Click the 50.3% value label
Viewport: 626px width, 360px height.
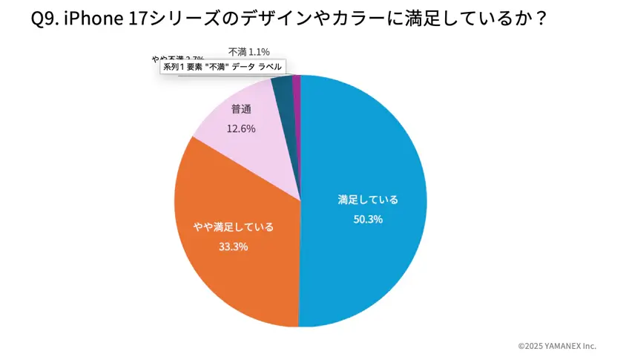[x=368, y=219]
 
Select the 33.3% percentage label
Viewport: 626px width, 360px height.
[x=233, y=246]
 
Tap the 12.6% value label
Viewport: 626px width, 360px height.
[x=241, y=128]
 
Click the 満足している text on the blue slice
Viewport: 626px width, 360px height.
[x=368, y=200]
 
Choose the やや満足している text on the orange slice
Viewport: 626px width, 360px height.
[x=233, y=227]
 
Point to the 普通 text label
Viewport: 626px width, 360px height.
[x=241, y=109]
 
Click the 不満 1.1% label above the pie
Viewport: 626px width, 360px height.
[x=248, y=51]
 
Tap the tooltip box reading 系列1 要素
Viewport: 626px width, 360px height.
[x=223, y=67]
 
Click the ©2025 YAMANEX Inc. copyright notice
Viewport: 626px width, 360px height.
[x=556, y=346]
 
